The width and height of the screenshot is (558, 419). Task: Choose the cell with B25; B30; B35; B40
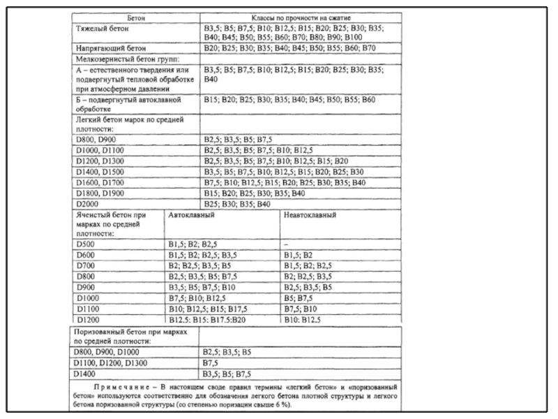[236, 203]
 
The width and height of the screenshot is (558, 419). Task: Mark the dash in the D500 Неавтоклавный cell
[287, 245]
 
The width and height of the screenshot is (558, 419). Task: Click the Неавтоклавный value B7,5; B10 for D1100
[301, 308]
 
